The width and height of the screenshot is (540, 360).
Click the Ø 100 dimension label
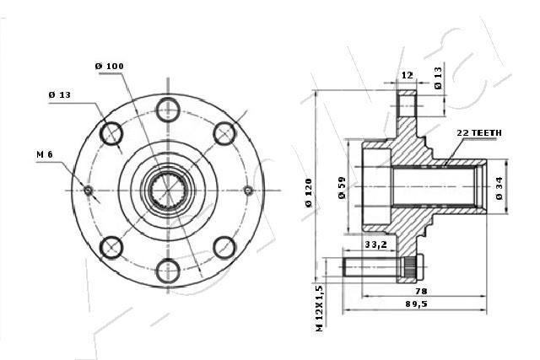[110, 65]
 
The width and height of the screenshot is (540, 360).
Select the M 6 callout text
[46, 154]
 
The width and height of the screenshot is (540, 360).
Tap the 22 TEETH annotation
[479, 133]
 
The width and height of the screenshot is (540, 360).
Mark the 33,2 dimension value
[375, 244]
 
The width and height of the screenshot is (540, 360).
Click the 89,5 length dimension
[415, 304]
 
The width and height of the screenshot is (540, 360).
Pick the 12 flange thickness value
[407, 76]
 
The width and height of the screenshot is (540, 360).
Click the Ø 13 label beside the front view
[60, 94]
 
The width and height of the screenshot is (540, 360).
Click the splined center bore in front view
[168, 190]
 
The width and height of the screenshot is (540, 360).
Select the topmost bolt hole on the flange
[168, 108]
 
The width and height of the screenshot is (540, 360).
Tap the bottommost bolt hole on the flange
[168, 271]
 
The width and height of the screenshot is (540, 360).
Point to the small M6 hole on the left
[89, 190]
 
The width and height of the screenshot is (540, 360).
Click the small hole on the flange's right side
[247, 190]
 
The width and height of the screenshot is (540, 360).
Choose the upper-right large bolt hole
[224, 132]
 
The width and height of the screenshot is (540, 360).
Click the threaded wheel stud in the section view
[380, 267]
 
